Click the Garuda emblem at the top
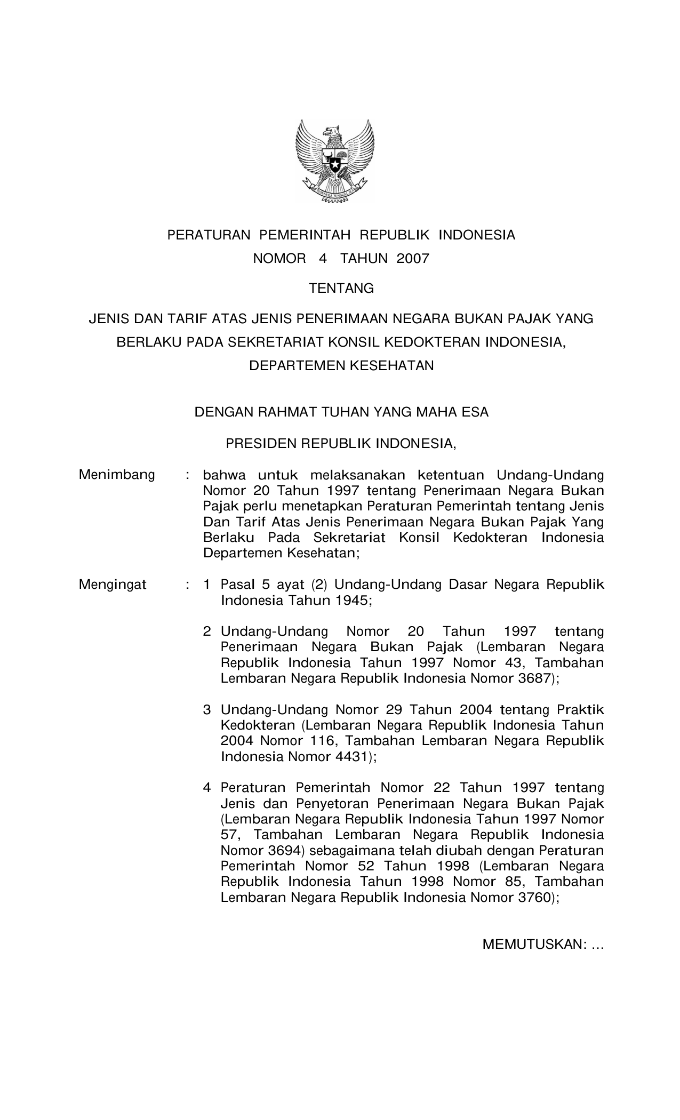335,161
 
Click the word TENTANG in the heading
342,289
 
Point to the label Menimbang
117,474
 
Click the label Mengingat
113,585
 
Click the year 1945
351,601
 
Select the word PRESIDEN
261,443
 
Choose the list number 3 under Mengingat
207,710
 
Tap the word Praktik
580,710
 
